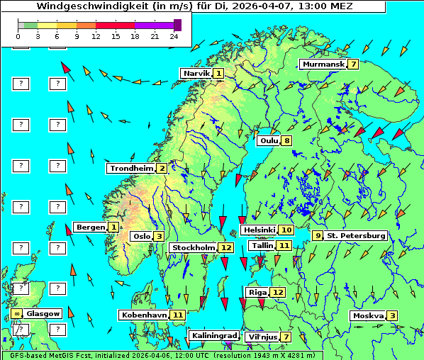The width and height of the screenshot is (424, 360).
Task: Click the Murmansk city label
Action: [323, 64]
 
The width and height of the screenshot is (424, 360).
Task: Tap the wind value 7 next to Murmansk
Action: [352, 64]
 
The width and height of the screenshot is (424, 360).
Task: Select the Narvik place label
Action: [196, 74]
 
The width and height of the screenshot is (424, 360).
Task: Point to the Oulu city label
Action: [269, 140]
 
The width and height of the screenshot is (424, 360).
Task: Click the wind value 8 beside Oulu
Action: [286, 140]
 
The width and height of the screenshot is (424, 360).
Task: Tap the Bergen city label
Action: [90, 227]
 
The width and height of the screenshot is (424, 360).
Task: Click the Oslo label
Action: [141, 237]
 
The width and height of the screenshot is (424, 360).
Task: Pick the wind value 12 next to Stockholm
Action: [226, 248]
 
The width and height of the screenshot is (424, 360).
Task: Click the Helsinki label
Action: [258, 230]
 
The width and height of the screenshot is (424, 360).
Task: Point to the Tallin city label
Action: [262, 245]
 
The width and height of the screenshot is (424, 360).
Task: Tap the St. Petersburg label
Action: [356, 235]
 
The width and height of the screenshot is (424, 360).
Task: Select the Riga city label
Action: [257, 292]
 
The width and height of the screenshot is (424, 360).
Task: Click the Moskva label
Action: [368, 316]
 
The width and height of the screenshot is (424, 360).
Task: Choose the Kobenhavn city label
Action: [143, 315]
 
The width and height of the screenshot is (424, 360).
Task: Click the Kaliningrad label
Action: [213, 335]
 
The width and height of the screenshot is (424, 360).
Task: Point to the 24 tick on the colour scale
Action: [173, 35]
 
